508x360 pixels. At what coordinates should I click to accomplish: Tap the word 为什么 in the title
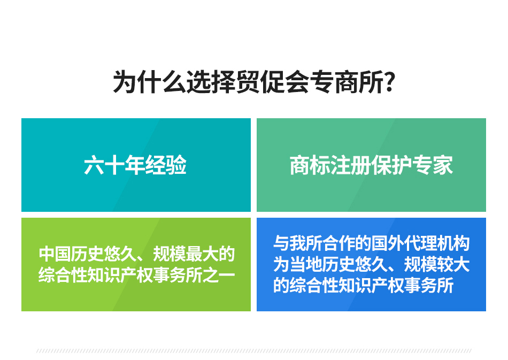pos(149,82)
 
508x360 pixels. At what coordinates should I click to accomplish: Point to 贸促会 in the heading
pos(273,82)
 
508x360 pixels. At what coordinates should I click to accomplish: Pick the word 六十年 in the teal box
pos(114,165)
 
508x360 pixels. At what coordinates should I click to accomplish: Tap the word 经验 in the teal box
pos(166,165)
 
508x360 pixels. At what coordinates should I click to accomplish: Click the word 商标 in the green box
pos(310,165)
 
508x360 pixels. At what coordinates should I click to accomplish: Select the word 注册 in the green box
pos(351,165)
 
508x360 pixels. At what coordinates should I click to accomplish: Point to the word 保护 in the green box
pos(391,165)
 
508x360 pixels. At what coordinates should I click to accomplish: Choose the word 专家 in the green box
pos(433,165)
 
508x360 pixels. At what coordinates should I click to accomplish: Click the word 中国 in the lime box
pos(55,254)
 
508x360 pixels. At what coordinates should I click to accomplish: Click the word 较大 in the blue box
pos(453,264)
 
